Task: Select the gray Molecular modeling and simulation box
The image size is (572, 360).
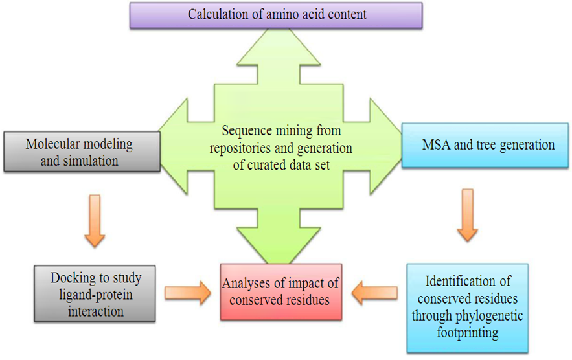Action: click(81, 152)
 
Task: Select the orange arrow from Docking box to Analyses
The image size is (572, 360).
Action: click(187, 292)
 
